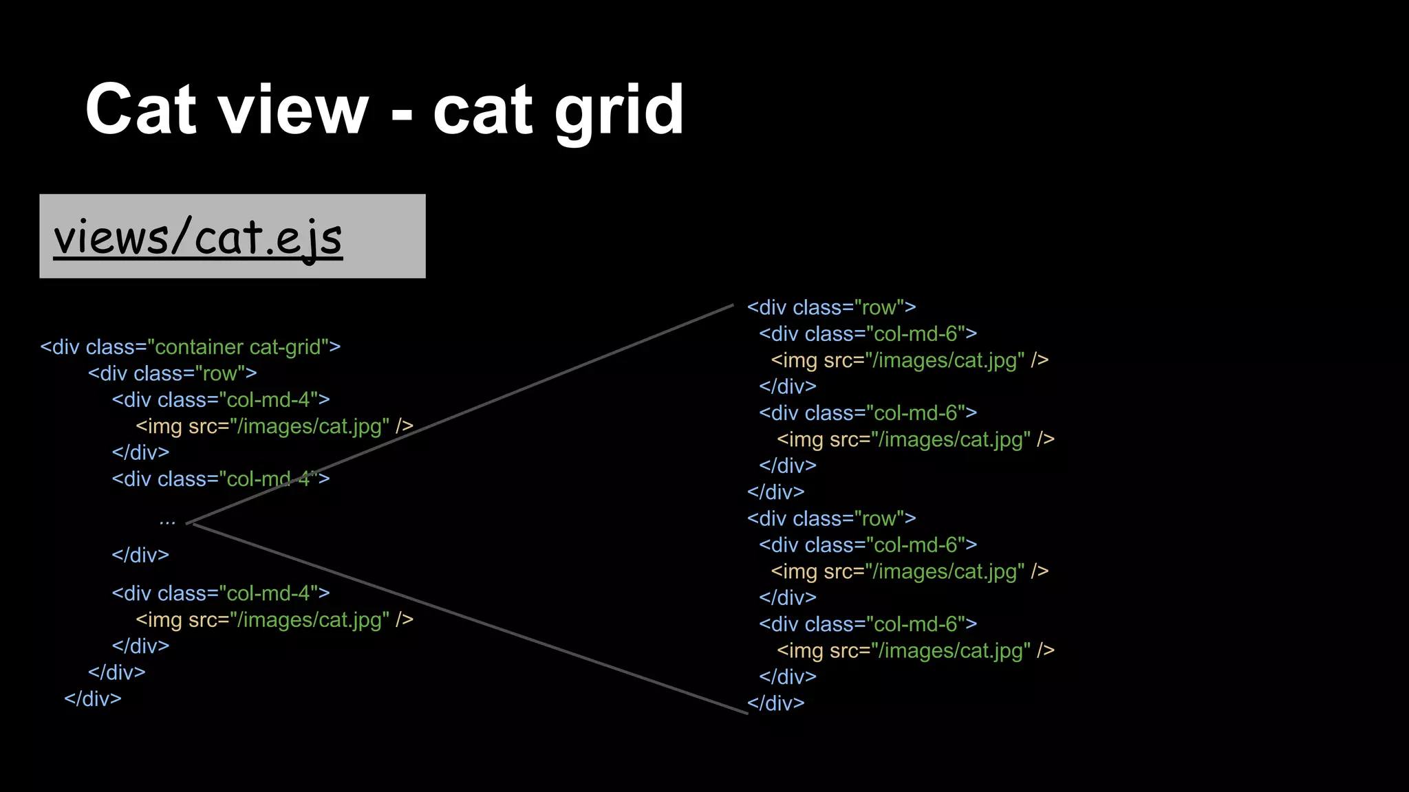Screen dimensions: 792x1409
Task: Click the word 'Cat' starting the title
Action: tap(140, 110)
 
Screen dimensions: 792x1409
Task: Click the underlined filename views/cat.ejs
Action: tap(198, 237)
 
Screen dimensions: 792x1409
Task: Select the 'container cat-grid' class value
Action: tap(238, 347)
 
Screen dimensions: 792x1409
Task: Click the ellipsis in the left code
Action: tap(167, 522)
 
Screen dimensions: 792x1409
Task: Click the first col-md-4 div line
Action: tap(221, 400)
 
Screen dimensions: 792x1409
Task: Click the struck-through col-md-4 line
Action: tap(221, 479)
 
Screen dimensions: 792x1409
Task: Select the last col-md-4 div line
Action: tap(221, 593)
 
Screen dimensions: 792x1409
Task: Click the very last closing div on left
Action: tap(93, 699)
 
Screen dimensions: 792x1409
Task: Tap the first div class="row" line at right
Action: tap(831, 307)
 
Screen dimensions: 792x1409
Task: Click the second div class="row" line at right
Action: tap(831, 518)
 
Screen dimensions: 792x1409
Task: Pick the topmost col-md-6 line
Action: tap(868, 334)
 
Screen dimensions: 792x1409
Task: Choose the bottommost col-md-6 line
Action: tap(868, 624)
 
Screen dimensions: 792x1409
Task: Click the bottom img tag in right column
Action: tap(915, 650)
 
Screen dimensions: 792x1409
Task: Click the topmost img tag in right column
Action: tap(909, 360)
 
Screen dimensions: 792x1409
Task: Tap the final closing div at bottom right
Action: tap(776, 703)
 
